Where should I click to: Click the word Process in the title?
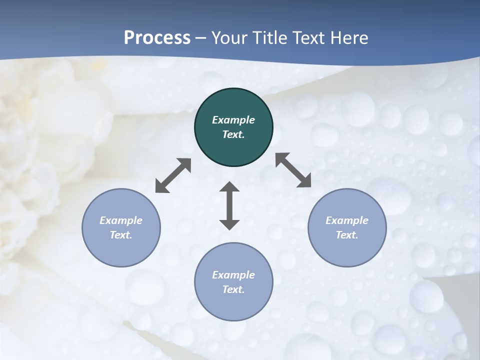click(x=157, y=38)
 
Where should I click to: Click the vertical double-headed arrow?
click(x=229, y=206)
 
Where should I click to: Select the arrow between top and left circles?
click(x=173, y=175)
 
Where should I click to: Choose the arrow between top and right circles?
click(x=293, y=170)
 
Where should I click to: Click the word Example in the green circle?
click(x=233, y=120)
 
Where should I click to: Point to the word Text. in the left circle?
click(x=121, y=235)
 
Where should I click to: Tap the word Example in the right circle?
click(x=347, y=220)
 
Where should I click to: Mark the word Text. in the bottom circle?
click(x=233, y=289)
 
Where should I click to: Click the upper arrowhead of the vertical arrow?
click(x=229, y=187)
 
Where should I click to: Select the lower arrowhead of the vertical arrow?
click(x=229, y=224)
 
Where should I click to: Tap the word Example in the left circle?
click(x=121, y=220)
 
